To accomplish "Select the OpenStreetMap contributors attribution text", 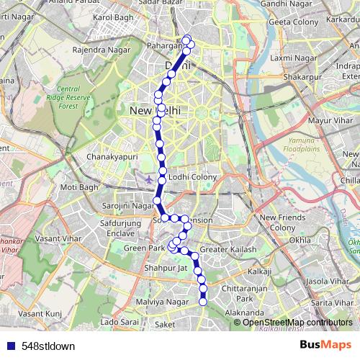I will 297,322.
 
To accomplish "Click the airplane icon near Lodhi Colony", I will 148,178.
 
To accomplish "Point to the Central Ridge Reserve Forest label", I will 78,97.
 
